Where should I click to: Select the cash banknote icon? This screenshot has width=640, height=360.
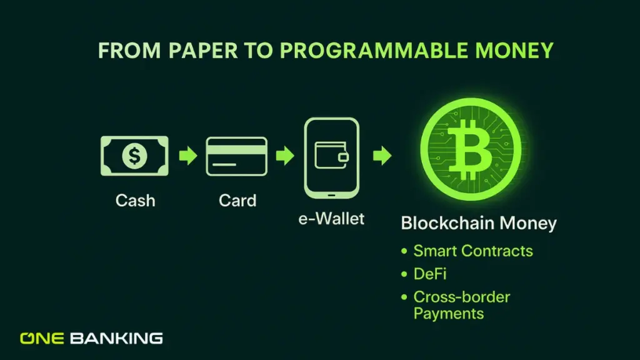point(135,156)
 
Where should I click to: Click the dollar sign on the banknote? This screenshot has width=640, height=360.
point(135,156)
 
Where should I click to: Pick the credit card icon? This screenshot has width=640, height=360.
point(237,156)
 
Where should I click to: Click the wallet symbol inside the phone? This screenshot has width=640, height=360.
point(331,154)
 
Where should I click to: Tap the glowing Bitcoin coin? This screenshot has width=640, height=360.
point(471,152)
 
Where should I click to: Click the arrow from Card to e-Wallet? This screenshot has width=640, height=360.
point(284,156)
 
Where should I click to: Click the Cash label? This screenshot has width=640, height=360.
point(135,201)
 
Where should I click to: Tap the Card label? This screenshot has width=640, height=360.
point(237,201)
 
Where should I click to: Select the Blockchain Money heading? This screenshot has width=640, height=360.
point(479,224)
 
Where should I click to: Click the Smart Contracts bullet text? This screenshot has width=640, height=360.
point(473,251)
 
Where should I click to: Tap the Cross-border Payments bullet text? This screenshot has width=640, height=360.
point(461,304)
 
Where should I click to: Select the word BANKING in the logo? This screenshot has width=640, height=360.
point(116,339)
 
